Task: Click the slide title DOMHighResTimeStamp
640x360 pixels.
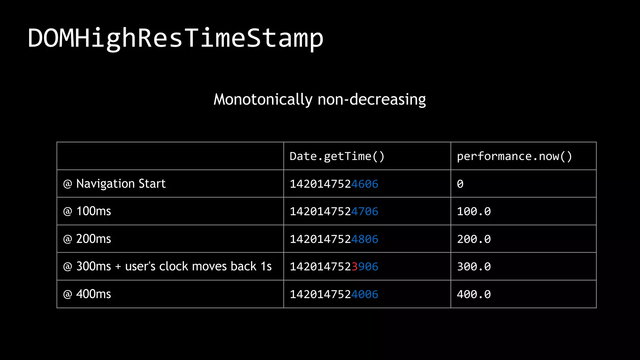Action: coord(175,38)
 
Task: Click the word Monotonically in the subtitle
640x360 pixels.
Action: coord(263,100)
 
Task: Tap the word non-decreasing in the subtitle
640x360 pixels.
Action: coord(372,100)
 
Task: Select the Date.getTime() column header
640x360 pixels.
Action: coord(337,156)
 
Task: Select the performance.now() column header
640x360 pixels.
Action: coord(514,156)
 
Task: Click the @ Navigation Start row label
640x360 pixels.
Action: coord(114,184)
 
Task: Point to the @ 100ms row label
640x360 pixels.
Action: coord(87,211)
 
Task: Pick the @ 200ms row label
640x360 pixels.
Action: coord(87,239)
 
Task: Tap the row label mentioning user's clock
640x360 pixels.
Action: coord(167,267)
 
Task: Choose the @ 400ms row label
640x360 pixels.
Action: coord(87,294)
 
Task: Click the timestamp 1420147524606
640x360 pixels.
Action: coord(334,184)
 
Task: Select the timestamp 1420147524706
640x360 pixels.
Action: coord(334,212)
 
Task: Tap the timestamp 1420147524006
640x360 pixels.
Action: coord(334,294)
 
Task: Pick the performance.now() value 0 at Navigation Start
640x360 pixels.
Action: coord(460,184)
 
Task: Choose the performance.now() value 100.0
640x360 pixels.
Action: coord(474,212)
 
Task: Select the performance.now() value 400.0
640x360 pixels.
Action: coord(474,294)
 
